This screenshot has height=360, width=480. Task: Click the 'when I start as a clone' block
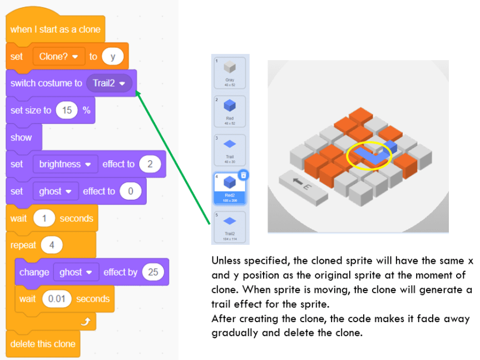[x=56, y=29]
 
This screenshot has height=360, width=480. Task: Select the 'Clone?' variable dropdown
[x=58, y=56]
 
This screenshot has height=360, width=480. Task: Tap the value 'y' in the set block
[x=113, y=56]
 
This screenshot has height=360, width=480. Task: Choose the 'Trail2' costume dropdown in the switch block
[x=108, y=83]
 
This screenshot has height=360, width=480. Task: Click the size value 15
[x=67, y=110]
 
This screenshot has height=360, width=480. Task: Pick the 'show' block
[x=21, y=137]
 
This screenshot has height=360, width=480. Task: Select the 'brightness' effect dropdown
[x=64, y=164]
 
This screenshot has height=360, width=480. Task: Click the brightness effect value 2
[x=150, y=164]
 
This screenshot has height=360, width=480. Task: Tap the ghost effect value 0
[x=131, y=191]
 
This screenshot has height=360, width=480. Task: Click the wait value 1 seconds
[x=44, y=218]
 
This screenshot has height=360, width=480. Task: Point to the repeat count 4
[x=51, y=245]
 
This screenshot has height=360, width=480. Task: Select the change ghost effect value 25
[x=152, y=272]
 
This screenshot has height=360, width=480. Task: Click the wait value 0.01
[x=56, y=299]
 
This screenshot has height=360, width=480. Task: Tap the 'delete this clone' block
[x=43, y=344]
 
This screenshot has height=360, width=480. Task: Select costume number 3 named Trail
[x=230, y=147]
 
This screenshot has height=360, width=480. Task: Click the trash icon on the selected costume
[x=243, y=175]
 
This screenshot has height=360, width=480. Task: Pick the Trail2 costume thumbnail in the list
[x=230, y=225]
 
